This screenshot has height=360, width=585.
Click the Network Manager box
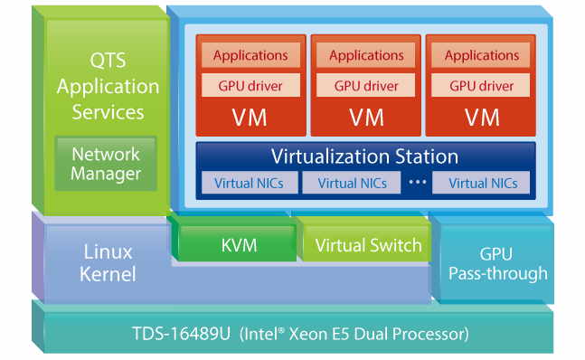(106, 164)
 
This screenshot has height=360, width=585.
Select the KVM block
(239, 245)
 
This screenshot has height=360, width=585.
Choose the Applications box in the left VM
(250, 56)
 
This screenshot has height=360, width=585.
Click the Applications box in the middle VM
(366, 56)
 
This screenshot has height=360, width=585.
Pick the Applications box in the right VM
(482, 56)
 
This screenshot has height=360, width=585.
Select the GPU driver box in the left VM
(250, 87)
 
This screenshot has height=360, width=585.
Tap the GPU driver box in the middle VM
(366, 87)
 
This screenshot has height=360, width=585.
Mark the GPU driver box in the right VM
(482, 87)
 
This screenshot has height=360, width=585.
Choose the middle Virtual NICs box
(350, 183)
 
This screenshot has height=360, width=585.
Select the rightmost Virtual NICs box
(483, 183)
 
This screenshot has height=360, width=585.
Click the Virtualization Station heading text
(364, 156)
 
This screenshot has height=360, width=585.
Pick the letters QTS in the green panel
(108, 62)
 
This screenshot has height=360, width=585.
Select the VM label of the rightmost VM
(482, 118)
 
